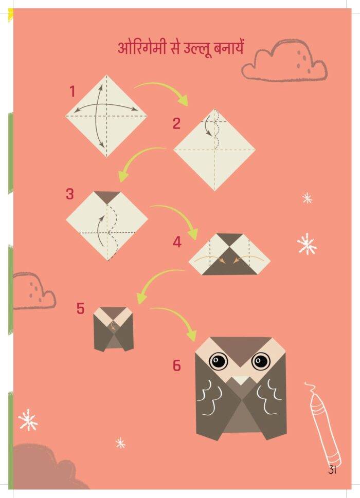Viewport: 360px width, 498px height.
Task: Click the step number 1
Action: click(73, 91)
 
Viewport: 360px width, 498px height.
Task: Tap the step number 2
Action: click(176, 123)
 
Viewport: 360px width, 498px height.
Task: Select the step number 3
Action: click(69, 194)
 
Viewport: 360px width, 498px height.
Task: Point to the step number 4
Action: click(177, 242)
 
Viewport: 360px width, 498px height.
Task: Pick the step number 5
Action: click(80, 308)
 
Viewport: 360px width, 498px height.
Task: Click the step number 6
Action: click(177, 365)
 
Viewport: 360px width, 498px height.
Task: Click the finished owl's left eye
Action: click(218, 361)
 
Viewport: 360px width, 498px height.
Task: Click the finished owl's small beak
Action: click(241, 380)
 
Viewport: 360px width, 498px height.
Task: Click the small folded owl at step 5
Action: click(114, 329)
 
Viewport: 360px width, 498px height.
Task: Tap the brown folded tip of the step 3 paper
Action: click(107, 196)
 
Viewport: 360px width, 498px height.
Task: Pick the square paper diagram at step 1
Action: click(106, 116)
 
